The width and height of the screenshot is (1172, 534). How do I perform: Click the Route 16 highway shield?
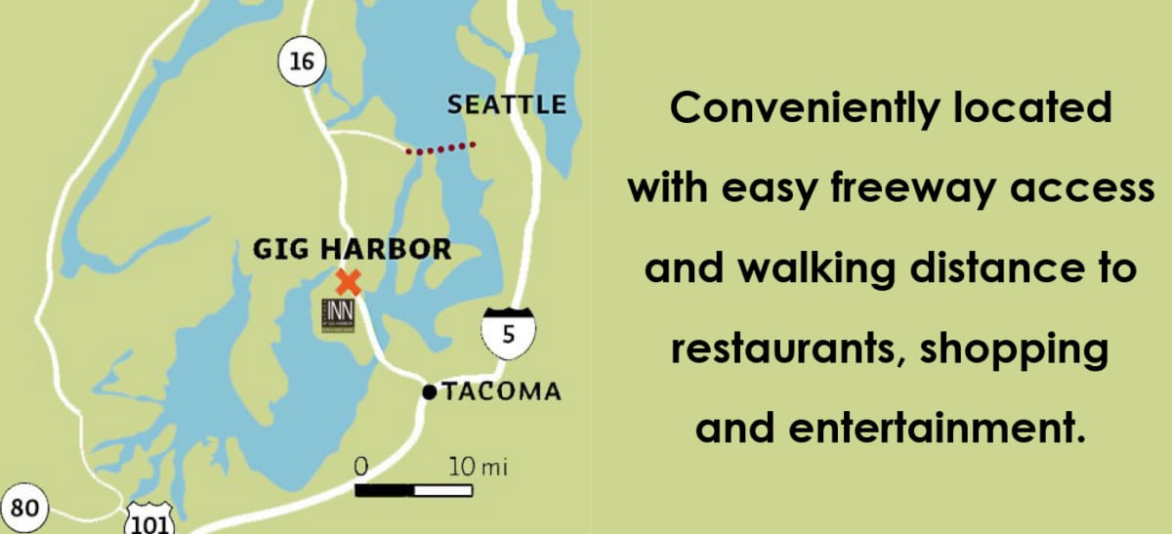point(301,62)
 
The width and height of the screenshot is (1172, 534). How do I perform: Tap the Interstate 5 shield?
point(507,331)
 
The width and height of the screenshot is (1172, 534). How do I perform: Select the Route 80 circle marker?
point(24,509)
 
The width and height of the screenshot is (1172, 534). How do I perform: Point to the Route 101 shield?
point(149,519)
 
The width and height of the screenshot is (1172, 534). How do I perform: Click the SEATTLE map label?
point(507,104)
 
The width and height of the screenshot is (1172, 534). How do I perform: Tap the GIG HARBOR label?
point(352,249)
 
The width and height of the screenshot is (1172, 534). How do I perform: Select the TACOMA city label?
point(502,392)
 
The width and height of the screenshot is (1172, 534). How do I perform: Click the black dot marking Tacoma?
point(429,392)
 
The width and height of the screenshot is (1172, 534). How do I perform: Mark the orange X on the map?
point(348,282)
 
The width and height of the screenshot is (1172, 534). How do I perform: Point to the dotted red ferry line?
point(440,148)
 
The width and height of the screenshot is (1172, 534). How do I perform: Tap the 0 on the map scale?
point(360,467)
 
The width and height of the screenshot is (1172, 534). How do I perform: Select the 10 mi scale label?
point(478,467)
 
